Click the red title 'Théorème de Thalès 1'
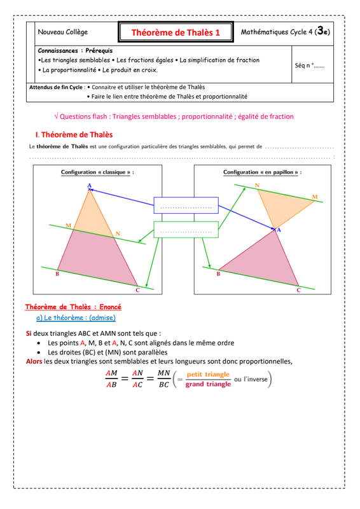pos(176,32)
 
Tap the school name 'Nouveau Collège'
pos(63,32)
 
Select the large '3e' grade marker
pos(322,31)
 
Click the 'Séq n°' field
pos(309,66)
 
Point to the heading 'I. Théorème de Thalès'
pos(74,135)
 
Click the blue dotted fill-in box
pos(186,205)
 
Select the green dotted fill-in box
pos(186,230)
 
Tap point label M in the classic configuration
pos(68,225)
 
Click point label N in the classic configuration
pos(118,234)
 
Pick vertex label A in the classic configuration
pos(90,186)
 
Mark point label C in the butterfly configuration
pos(299,290)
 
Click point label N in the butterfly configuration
pos(257,185)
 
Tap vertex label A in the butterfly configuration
pos(279,230)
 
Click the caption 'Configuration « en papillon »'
pos(261,172)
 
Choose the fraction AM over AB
pos(111,379)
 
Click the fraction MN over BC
pos(164,379)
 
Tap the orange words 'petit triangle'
pos(208,374)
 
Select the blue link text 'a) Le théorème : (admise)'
pos(76,317)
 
